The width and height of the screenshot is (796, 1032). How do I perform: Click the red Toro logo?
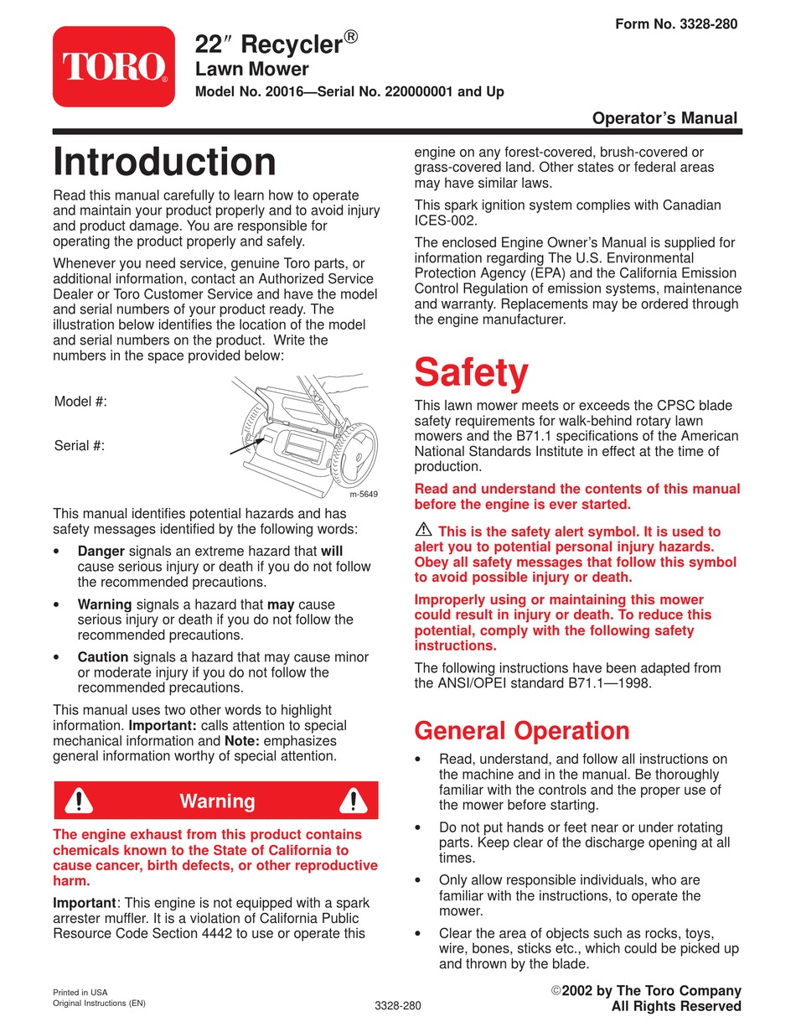point(114,66)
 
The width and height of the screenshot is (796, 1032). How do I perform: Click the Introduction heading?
point(164,163)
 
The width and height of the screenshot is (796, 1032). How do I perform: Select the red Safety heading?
point(471,373)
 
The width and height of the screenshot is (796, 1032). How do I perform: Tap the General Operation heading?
point(522,730)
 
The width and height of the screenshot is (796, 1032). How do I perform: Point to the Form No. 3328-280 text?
point(676,24)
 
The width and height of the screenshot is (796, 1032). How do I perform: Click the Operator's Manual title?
point(664,118)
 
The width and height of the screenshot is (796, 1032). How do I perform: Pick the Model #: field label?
point(80,402)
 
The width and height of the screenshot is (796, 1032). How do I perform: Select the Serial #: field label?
point(80,445)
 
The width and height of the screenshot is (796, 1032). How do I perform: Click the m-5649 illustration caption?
point(363,494)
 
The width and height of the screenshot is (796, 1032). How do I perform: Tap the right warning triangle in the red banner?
point(354,801)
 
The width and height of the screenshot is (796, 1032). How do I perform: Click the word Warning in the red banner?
point(217,801)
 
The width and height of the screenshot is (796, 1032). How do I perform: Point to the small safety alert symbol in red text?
point(422,530)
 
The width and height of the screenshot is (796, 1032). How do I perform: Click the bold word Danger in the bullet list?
point(101,552)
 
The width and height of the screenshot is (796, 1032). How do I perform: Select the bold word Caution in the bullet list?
point(102,657)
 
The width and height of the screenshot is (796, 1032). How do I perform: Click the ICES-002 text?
point(446,220)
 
